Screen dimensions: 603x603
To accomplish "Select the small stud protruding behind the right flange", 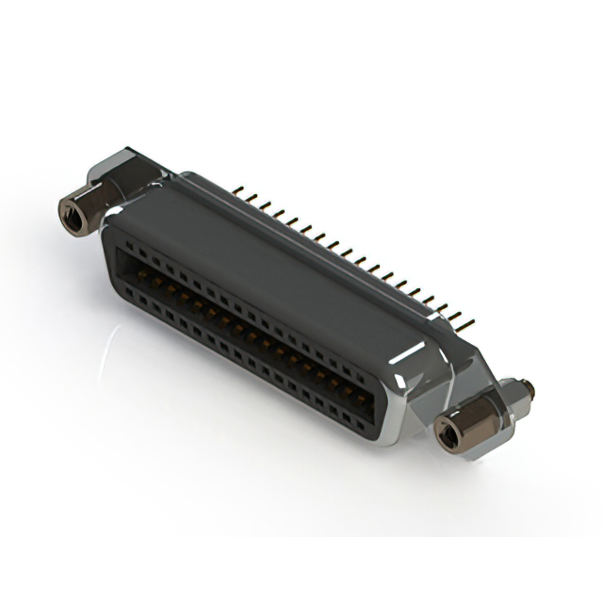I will coord(525,386).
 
